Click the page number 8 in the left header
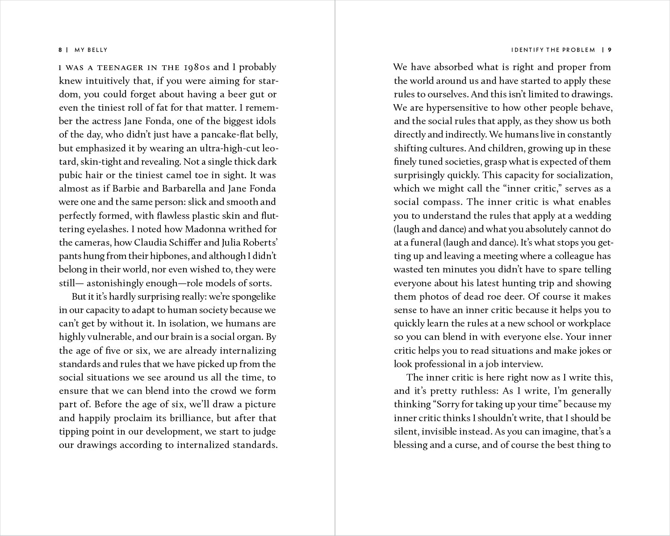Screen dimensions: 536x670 pyautogui.click(x=60, y=50)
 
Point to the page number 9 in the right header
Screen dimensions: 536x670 pyautogui.click(x=609, y=50)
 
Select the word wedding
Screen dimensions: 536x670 pyautogui.click(x=593, y=216)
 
